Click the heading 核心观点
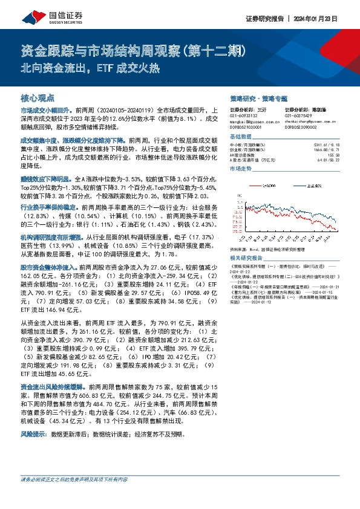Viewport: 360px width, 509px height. pyautogui.click(x=38, y=97)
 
